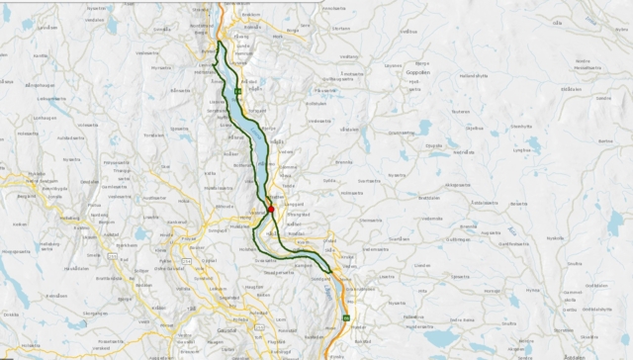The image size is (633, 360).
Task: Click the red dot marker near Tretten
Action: coord(271,209)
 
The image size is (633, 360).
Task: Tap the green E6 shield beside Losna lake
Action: coord(238,91)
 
